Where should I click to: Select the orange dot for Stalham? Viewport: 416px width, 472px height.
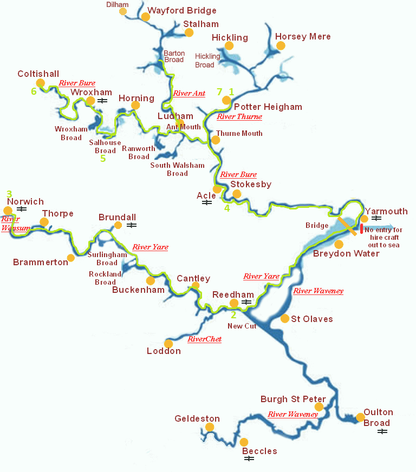tap(189, 32)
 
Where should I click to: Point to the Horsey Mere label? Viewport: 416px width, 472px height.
tap(303, 37)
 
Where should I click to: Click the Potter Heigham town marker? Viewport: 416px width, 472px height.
tap(226, 100)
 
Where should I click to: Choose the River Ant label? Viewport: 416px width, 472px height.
tap(189, 94)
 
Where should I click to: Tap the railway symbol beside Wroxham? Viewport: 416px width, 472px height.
tap(102, 101)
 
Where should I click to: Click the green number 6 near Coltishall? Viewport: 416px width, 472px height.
tap(34, 91)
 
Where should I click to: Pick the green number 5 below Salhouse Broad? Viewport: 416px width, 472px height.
tap(103, 159)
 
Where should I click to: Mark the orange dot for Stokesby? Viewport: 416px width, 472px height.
tap(236, 194)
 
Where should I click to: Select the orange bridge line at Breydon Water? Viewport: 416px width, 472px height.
tap(347, 226)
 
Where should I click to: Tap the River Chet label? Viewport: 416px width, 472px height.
tap(204, 339)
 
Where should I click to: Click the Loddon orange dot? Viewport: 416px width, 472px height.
tap(168, 344)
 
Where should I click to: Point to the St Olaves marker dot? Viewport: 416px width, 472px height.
tap(285, 318)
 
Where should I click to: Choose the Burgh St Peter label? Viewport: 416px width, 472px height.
tap(293, 399)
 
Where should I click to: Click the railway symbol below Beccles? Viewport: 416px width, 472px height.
tap(249, 459)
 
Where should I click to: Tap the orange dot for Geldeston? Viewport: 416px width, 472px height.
tap(210, 427)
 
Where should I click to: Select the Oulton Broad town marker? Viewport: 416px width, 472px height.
tap(360, 417)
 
